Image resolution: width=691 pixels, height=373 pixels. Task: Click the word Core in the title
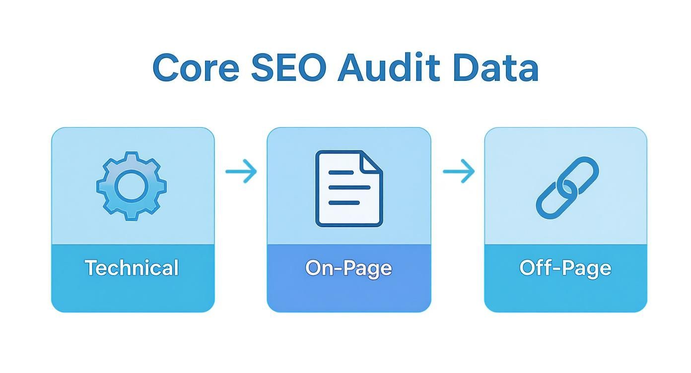(x=196, y=68)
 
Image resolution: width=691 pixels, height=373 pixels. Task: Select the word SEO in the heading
(x=289, y=68)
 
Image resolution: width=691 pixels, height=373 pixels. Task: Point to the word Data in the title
(x=496, y=68)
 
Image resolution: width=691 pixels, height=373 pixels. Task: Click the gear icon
(x=132, y=186)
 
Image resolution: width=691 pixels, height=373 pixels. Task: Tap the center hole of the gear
(x=132, y=186)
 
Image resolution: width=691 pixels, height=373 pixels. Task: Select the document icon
(x=349, y=188)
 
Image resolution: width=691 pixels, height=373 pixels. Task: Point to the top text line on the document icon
(x=341, y=173)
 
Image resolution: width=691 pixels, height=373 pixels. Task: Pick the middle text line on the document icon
(x=349, y=187)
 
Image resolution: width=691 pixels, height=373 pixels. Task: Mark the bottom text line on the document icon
(x=344, y=202)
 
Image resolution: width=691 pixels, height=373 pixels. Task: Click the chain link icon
(x=567, y=187)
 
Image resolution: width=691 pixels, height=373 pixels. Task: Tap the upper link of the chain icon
(x=580, y=175)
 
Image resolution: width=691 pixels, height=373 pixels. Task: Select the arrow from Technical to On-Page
(x=241, y=171)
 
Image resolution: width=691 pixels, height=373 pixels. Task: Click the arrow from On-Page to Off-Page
(x=459, y=171)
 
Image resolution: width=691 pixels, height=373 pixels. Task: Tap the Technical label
(x=132, y=267)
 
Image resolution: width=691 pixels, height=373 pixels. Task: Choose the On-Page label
(x=348, y=269)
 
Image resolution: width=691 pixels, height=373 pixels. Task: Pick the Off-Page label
(x=565, y=269)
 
